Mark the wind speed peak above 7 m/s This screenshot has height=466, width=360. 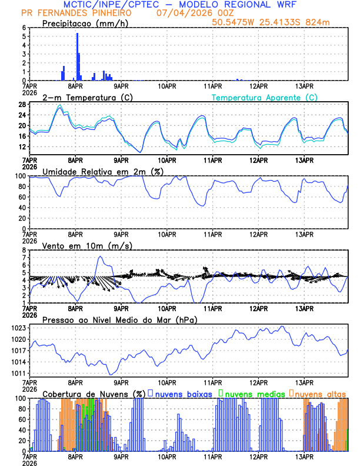pos(100,257)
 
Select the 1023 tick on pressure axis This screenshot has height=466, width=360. pos(18,328)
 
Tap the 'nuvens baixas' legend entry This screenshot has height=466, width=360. pos(182,393)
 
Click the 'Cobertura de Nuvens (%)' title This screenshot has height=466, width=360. pos(94,393)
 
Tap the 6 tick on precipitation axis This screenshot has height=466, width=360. pos(24,28)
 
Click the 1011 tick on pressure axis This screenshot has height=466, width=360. pos(18,373)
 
